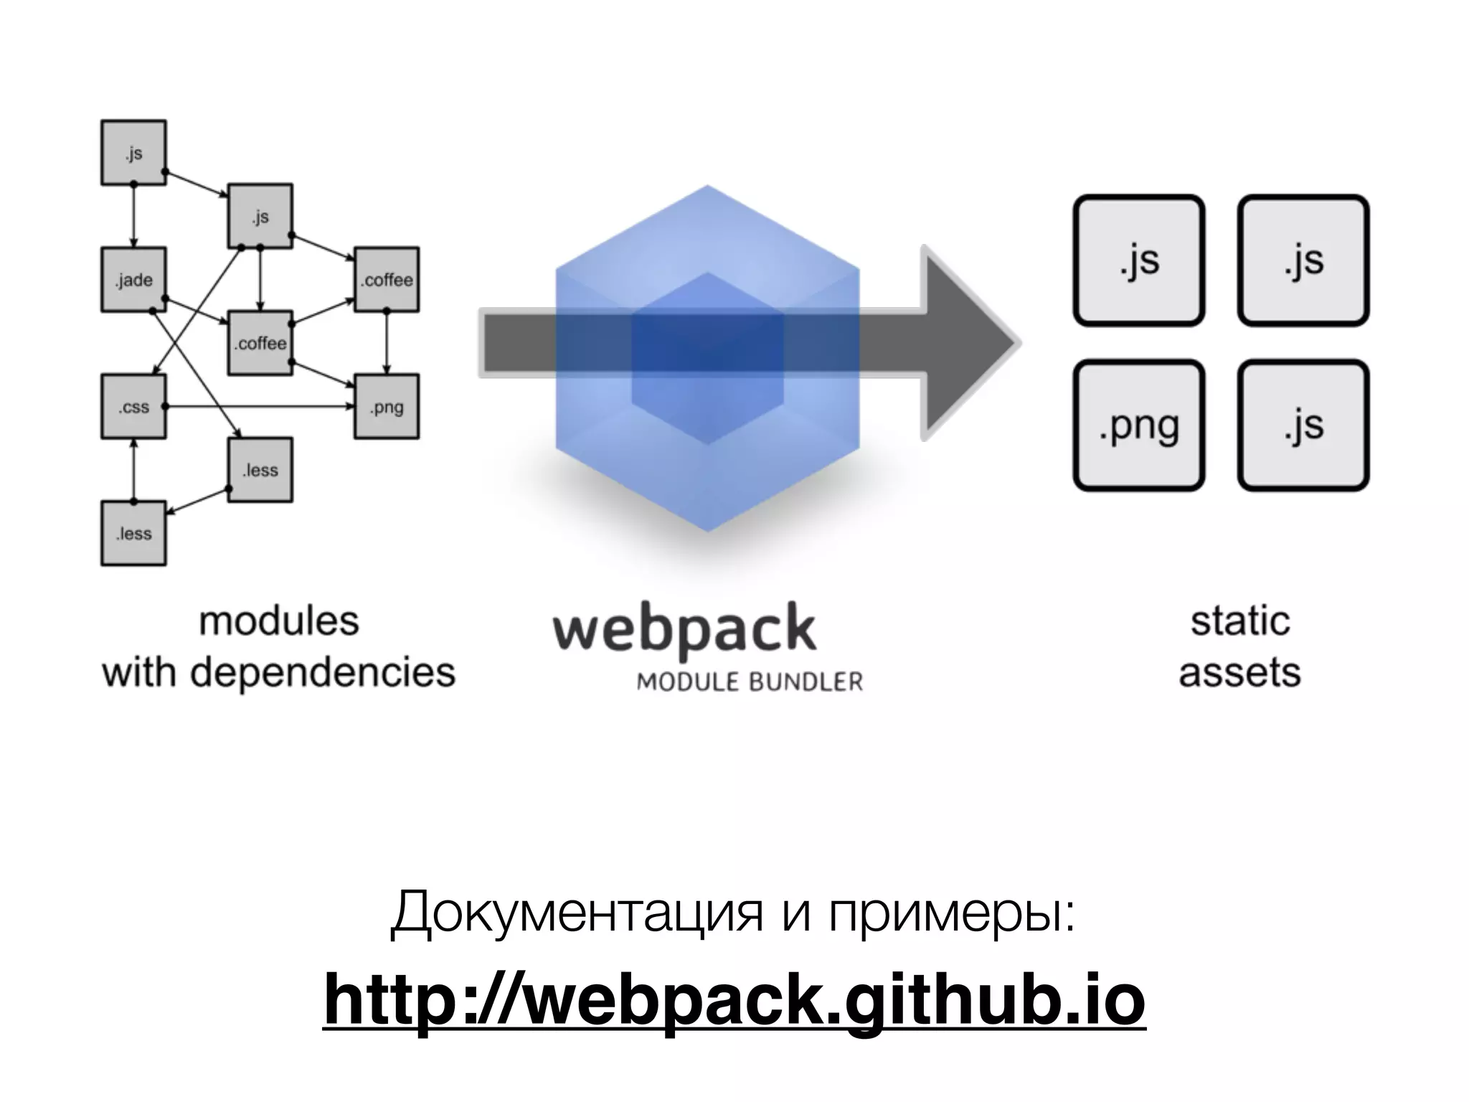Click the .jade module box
click(x=133, y=280)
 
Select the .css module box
click(x=133, y=407)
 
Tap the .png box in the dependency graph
click(x=387, y=407)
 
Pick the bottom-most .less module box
click(x=133, y=534)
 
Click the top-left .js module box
click(x=133, y=153)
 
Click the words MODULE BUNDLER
click(x=750, y=682)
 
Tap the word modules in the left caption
click(x=278, y=621)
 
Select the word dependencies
click(x=323, y=673)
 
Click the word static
click(x=1240, y=621)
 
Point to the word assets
click(x=1239, y=673)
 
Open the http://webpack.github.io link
click(x=734, y=999)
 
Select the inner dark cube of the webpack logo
click(x=707, y=359)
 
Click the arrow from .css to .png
click(x=258, y=407)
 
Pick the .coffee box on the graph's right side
click(x=387, y=280)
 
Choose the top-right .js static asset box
click(x=1303, y=260)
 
